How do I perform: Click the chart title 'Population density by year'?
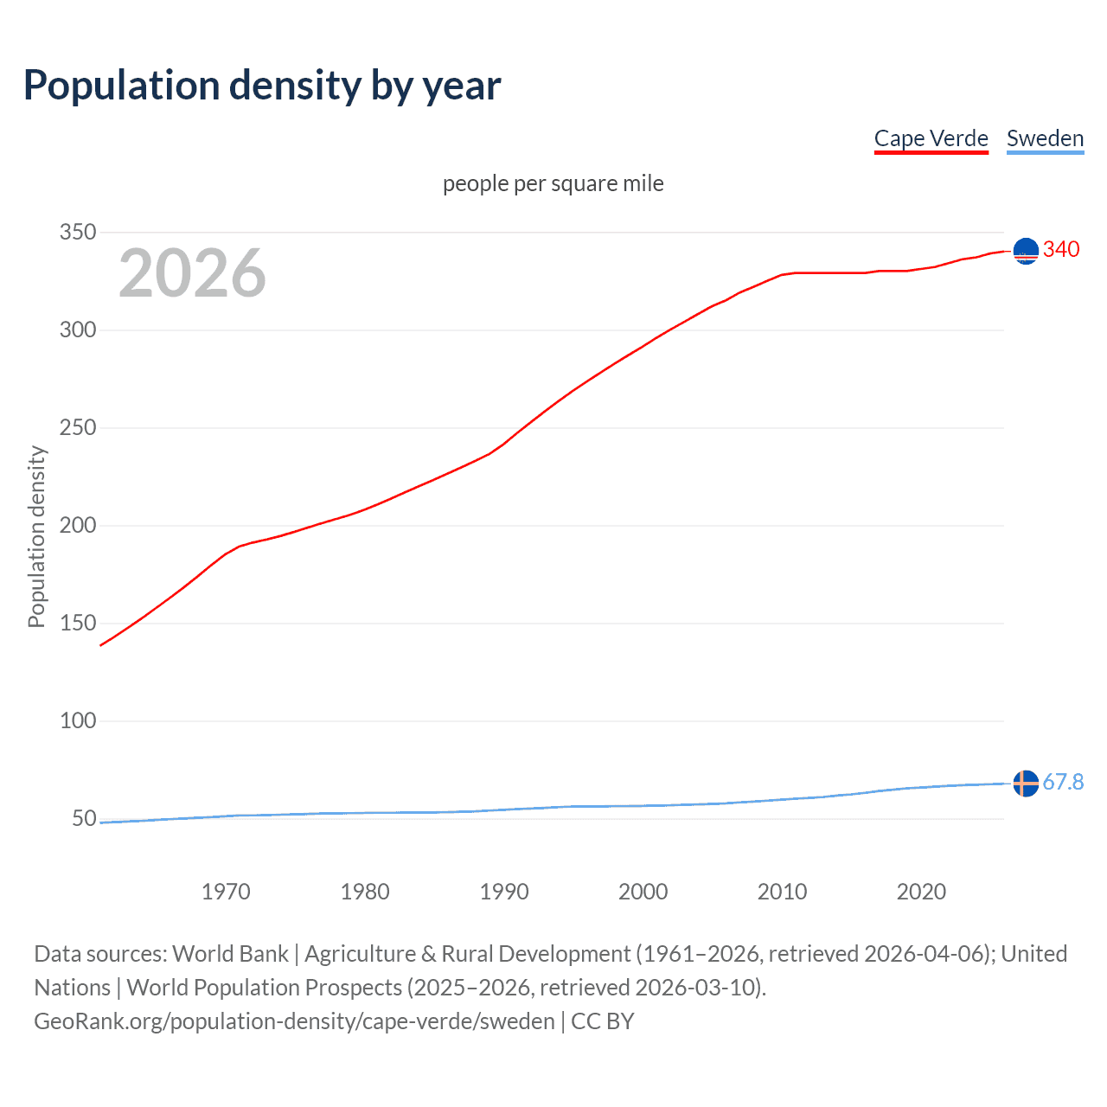tap(262, 86)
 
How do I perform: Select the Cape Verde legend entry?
tap(931, 139)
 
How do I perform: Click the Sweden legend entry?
tap(1045, 139)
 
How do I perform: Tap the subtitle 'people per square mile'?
tap(553, 184)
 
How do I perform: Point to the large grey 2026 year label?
tap(192, 273)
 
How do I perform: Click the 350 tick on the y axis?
tap(78, 233)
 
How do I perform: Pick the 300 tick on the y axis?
tap(78, 330)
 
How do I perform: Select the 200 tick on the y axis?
tap(78, 526)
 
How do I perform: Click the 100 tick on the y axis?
tap(78, 721)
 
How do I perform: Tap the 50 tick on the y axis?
tap(84, 819)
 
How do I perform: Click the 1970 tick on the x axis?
tap(226, 892)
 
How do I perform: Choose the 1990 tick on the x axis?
tap(504, 892)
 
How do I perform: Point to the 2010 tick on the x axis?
tap(782, 892)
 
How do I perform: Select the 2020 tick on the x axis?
tap(921, 892)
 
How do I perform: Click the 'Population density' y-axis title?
tap(36, 536)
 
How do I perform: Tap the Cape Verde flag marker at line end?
tap(1026, 251)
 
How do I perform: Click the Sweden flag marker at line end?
tap(1026, 784)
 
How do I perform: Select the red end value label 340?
tap(1061, 250)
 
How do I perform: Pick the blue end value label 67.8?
tap(1063, 783)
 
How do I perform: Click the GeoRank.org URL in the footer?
tap(294, 1021)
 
